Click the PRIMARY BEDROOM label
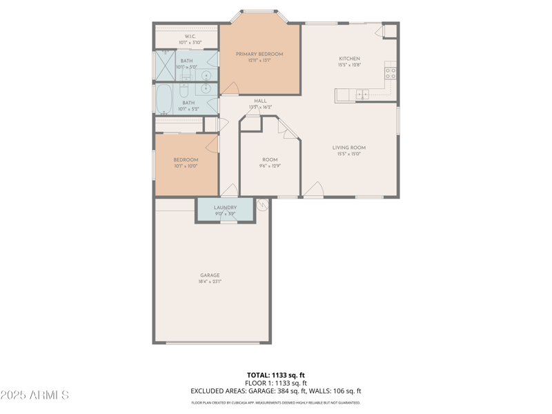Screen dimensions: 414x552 tap(259, 54)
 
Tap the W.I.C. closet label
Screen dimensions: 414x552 tap(190, 36)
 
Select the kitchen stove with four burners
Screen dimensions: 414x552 tap(391, 70)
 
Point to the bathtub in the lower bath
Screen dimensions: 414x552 tap(164, 99)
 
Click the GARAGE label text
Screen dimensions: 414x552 tap(210, 275)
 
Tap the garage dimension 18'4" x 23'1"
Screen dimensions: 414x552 tap(210, 282)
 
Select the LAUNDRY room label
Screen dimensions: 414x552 tap(225, 207)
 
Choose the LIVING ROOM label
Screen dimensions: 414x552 tap(348, 148)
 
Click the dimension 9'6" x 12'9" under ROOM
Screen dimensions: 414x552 tap(270, 166)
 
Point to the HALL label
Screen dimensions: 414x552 tap(260, 101)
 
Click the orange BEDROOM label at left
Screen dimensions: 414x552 tap(186, 160)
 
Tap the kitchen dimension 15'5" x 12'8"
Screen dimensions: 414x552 tap(348, 65)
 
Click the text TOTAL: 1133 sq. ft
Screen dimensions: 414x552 tap(276, 375)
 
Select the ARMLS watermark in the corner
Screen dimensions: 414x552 tap(34, 395)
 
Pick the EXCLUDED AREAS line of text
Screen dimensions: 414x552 tap(276, 391)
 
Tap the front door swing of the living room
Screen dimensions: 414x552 tap(314, 189)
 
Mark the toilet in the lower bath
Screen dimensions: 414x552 tap(184, 90)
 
